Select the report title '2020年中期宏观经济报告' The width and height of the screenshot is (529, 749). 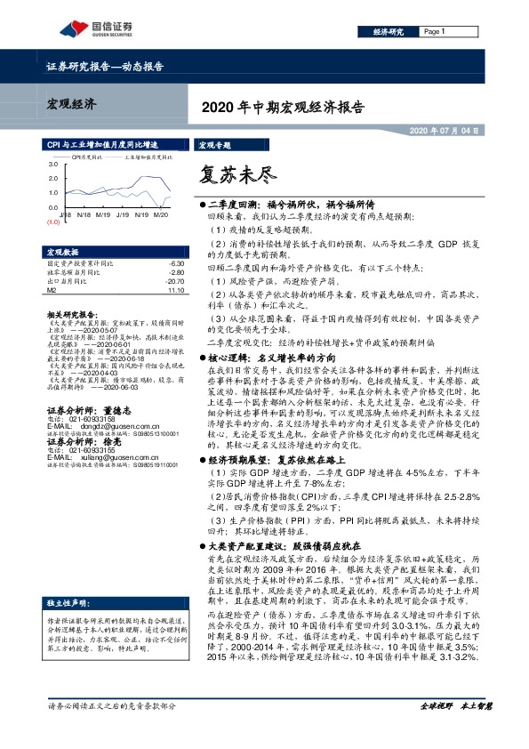click(284, 107)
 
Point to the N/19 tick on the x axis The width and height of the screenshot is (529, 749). click(102, 214)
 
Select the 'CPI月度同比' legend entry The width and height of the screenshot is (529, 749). click(88, 156)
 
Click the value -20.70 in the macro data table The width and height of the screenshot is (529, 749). click(174, 281)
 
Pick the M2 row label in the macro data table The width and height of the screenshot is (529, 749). click(51, 289)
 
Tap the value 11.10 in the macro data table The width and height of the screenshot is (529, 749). click(175, 289)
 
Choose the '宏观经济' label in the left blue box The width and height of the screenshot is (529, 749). click(72, 105)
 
